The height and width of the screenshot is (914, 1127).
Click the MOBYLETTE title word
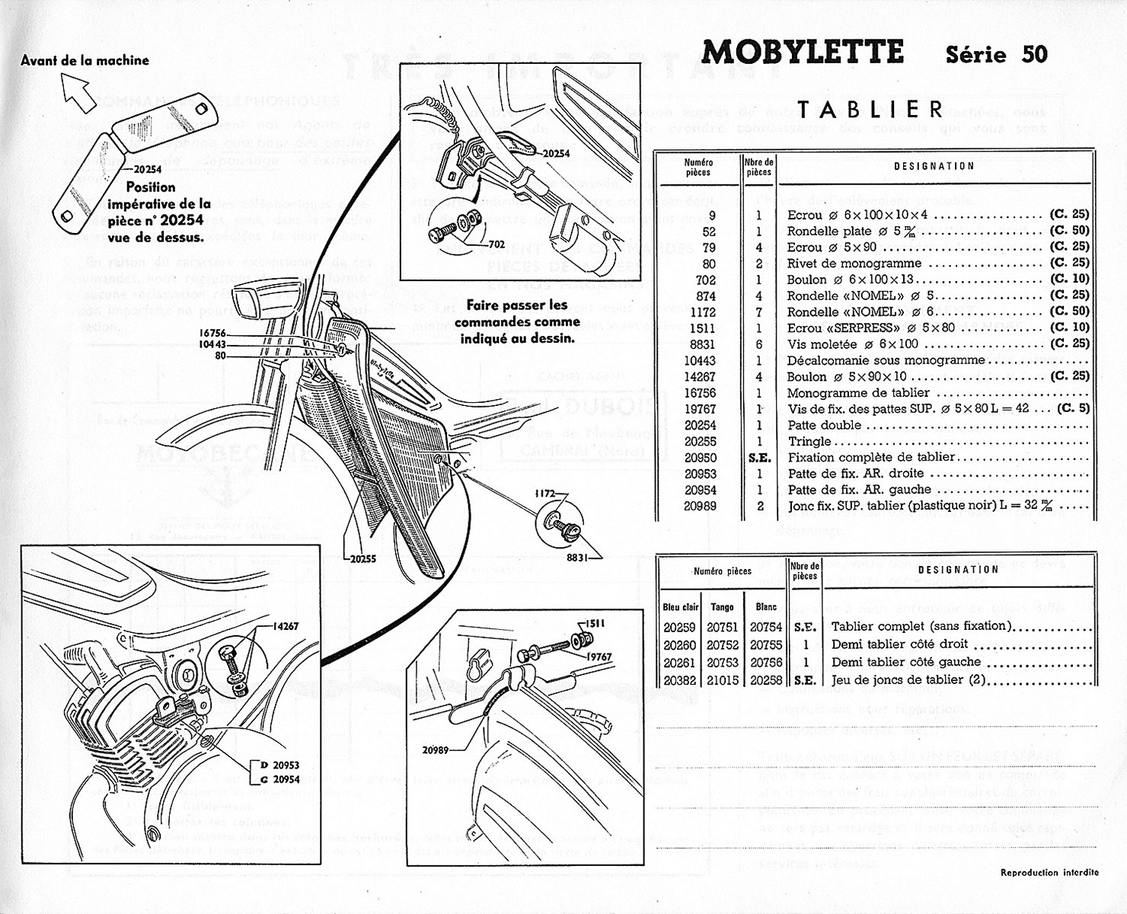pos(803,53)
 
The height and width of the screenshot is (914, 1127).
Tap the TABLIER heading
pos(871,109)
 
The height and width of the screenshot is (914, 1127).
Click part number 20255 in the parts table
pos(700,442)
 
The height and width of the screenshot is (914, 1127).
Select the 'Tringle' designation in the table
pos(809,442)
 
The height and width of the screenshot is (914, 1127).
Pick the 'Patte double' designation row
pos(824,425)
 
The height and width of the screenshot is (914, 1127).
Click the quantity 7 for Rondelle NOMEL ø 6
pos(758,312)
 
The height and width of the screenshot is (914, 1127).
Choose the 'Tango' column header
pos(722,607)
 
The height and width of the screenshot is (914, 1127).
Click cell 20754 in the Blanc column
pos(765,626)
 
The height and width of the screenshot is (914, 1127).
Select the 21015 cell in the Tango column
pos(722,680)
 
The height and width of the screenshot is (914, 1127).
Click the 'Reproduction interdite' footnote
pos(1049,872)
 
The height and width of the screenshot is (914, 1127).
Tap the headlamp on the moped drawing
pos(255,302)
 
